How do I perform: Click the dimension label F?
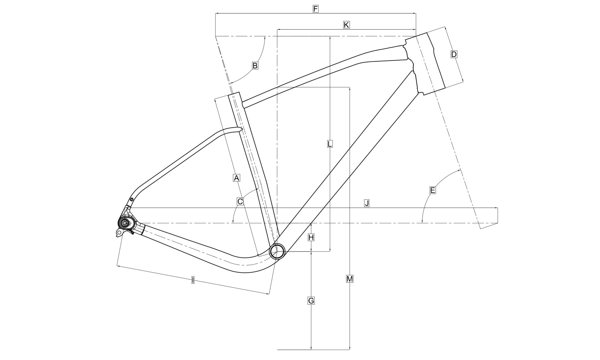point(315,9)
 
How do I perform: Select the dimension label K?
point(346,25)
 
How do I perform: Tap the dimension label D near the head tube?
point(454,54)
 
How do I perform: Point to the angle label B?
point(255,65)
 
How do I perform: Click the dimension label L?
point(329,144)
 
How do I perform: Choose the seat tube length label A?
point(236,178)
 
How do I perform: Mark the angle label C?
point(240,201)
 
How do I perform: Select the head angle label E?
point(432,190)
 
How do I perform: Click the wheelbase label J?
point(367,203)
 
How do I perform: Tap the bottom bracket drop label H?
point(311,237)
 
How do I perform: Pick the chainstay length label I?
point(193,280)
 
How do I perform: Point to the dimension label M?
point(349,279)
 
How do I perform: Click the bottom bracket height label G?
point(311,300)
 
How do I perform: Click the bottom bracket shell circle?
point(277,251)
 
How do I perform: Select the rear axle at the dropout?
point(124,223)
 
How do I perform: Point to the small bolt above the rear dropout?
point(131,199)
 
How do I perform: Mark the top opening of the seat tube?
point(234,94)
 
